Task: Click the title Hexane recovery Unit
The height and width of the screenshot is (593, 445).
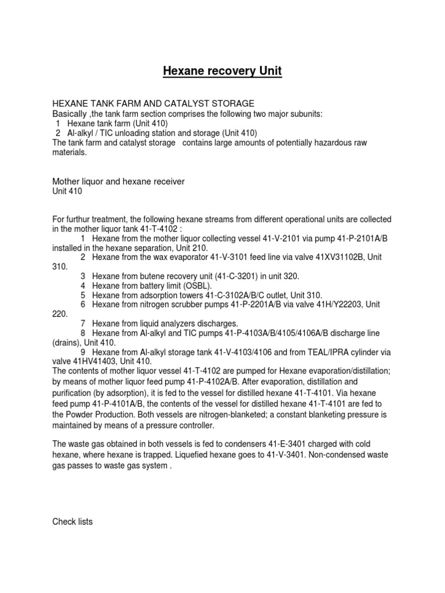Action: click(222, 71)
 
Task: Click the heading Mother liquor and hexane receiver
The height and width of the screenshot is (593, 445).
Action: click(119, 182)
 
